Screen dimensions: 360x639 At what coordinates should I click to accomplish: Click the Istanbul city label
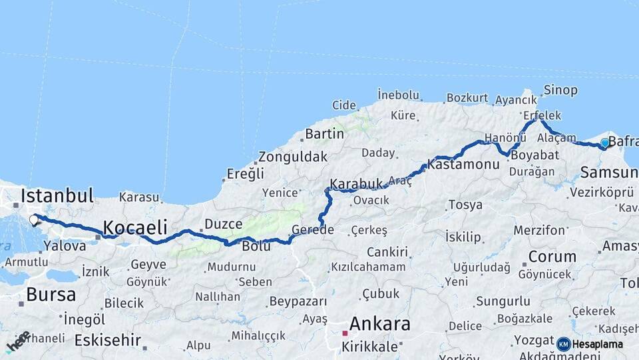(57, 196)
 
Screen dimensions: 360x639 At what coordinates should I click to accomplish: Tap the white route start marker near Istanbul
(34, 219)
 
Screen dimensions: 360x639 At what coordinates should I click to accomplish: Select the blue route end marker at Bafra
(604, 143)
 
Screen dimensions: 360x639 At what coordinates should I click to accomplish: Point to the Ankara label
(379, 325)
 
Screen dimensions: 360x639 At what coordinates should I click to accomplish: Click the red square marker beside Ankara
(345, 333)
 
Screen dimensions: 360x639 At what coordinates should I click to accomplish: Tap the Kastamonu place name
(463, 164)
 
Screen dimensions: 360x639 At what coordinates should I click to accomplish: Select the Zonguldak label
(293, 157)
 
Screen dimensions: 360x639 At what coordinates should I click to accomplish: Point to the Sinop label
(560, 90)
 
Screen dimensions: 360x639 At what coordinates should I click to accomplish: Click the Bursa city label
(50, 294)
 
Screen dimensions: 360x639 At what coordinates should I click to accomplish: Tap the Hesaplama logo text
(598, 344)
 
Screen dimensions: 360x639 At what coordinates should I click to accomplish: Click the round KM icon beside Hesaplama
(564, 344)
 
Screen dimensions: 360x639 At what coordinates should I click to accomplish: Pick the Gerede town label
(312, 230)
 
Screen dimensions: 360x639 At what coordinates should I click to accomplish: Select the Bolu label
(256, 246)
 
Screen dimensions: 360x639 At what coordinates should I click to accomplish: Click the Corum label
(552, 257)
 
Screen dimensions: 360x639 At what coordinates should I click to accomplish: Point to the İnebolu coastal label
(398, 95)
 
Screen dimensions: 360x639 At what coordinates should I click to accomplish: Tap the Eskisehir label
(107, 340)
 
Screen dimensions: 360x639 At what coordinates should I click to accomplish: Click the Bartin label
(324, 134)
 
